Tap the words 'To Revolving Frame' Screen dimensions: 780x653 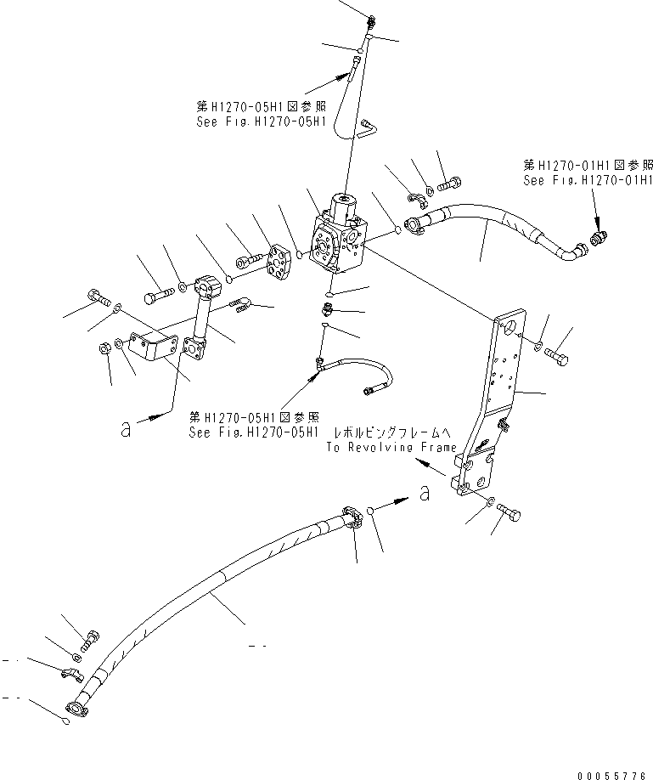(x=391, y=447)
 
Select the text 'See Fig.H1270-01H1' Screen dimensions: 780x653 (x=588, y=180)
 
